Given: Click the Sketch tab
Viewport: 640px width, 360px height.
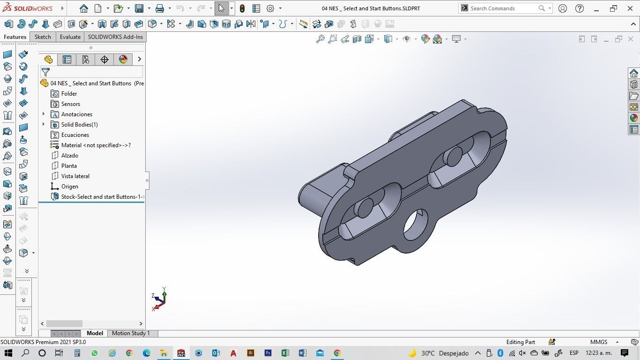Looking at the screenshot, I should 43,37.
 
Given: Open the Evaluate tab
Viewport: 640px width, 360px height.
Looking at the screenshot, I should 70,37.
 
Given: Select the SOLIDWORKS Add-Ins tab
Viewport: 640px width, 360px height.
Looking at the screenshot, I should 115,37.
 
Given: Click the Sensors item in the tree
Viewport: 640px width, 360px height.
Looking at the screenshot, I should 70,104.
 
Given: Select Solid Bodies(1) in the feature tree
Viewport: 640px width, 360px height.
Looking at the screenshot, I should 79,125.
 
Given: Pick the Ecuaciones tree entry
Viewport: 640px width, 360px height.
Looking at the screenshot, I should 75,135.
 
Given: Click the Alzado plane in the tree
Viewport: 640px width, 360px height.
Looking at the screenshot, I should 69,156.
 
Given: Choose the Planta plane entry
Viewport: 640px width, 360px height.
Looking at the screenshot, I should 69,166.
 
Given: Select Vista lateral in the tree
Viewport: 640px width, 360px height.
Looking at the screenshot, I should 75,176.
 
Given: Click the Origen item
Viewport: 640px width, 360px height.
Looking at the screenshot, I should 69,187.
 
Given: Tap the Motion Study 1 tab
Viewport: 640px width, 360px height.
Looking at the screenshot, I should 131,333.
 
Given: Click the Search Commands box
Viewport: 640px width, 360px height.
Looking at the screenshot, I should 504,8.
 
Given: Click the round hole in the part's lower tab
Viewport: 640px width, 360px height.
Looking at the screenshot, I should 415,225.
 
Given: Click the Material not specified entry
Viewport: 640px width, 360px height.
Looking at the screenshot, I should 96,145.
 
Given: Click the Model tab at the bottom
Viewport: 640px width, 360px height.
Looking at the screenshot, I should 95,333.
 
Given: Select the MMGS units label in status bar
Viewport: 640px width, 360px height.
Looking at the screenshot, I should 599,342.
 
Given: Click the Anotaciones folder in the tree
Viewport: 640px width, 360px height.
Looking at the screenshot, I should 76,114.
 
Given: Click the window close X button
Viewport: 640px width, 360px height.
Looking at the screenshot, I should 630,8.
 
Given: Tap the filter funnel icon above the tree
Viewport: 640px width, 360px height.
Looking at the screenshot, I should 45,72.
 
